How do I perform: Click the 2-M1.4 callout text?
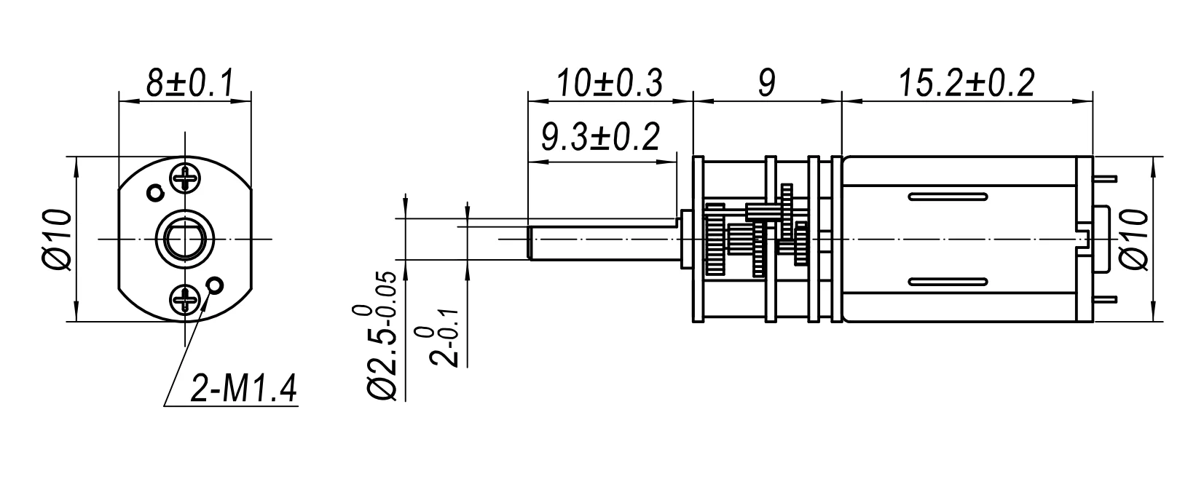[243, 390]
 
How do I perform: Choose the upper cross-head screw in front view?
[185, 177]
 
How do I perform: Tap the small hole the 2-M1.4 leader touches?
[215, 285]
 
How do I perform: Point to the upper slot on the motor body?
[947, 197]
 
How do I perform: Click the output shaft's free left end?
[530, 242]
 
